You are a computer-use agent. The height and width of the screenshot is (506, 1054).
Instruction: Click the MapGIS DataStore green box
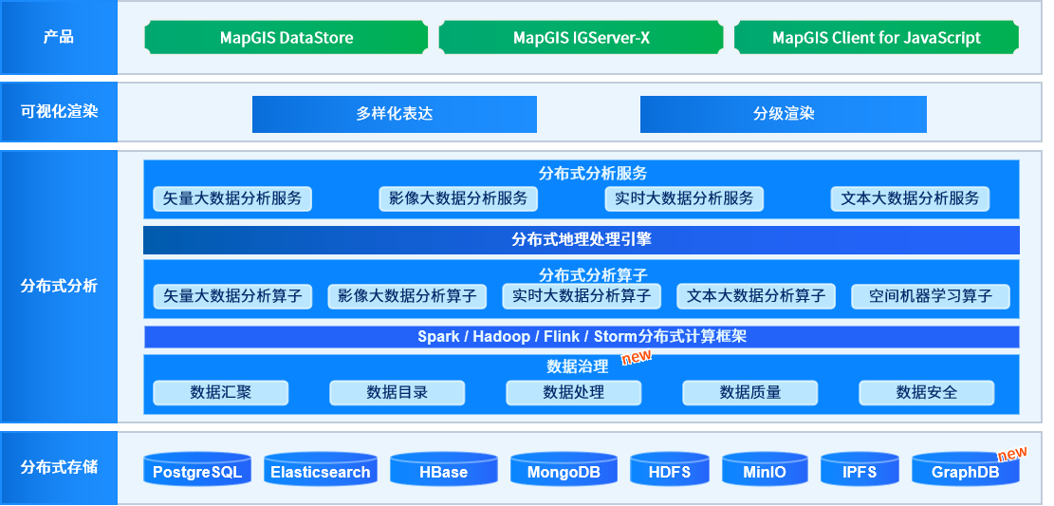coord(287,38)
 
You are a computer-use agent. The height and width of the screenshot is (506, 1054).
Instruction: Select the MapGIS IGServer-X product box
coord(582,38)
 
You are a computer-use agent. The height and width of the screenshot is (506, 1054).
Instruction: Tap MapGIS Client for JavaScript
coord(877,38)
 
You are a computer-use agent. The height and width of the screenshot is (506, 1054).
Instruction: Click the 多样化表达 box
coord(395,114)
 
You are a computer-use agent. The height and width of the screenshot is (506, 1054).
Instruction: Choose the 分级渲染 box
coord(784,114)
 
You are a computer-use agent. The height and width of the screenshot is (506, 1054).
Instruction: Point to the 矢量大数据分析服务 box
coord(232,199)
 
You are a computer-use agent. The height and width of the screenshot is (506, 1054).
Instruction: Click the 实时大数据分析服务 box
coord(684,199)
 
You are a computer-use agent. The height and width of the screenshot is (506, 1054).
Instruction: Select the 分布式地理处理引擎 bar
coord(582,240)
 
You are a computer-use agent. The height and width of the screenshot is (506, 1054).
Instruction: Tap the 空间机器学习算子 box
coord(931,297)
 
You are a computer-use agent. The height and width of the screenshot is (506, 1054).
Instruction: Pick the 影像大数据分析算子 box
coord(407,297)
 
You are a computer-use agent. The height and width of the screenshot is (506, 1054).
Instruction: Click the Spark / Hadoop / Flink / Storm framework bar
coord(582,337)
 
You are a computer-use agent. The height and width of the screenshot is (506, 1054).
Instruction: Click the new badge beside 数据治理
coord(636,356)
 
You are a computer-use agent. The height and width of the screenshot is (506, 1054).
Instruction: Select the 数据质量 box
coord(750,393)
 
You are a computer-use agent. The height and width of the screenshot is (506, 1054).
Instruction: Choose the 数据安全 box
coord(927,393)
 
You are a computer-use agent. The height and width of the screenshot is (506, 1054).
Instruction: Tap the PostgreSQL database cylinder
coord(197,470)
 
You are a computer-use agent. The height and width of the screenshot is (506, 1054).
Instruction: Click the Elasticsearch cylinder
coord(321,470)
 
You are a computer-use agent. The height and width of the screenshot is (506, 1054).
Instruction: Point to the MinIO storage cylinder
coord(765,470)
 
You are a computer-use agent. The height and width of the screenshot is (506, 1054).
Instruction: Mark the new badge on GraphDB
coord(1012,454)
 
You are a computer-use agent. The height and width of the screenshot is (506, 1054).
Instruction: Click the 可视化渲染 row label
coord(59,112)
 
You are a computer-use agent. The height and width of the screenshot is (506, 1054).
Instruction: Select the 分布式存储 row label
coord(59,467)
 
